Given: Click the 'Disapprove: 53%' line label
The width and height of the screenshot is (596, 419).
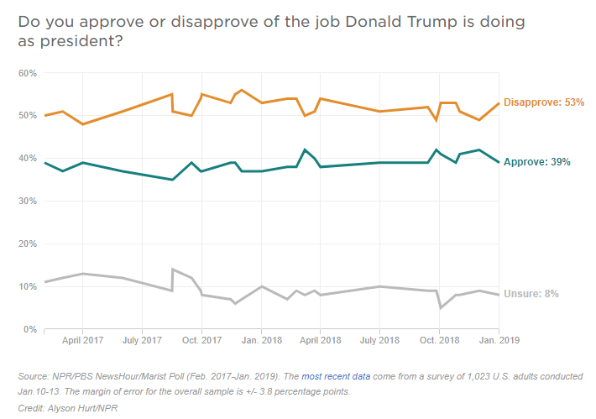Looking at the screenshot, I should click(x=543, y=102).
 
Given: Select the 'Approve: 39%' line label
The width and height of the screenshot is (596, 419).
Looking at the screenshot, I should click(x=536, y=162).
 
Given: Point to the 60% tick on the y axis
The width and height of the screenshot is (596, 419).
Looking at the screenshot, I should click(x=28, y=73).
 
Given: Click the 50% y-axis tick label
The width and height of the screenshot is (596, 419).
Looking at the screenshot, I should click(x=28, y=116).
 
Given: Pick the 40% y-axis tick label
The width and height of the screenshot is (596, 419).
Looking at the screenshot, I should click(x=28, y=159).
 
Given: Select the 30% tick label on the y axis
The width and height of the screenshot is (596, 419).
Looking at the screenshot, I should click(x=28, y=202).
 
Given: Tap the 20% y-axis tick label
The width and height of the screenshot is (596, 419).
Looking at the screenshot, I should click(x=28, y=244).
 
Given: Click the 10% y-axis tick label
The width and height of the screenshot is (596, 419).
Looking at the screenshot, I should click(x=28, y=287).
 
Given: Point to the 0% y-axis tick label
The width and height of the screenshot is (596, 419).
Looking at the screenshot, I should click(x=30, y=330).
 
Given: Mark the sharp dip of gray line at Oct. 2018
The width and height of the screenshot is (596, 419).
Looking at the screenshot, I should click(x=441, y=308).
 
